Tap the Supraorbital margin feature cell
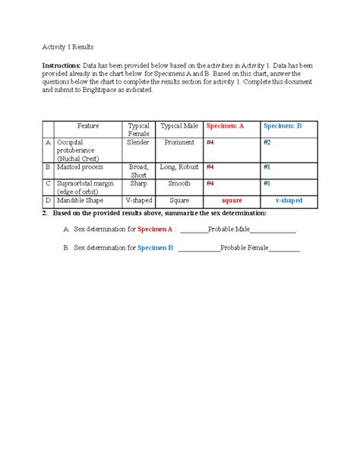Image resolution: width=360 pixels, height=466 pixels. point(86,187)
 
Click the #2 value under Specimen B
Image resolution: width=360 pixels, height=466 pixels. point(267,142)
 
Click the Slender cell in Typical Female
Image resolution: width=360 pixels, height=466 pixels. point(138,142)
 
